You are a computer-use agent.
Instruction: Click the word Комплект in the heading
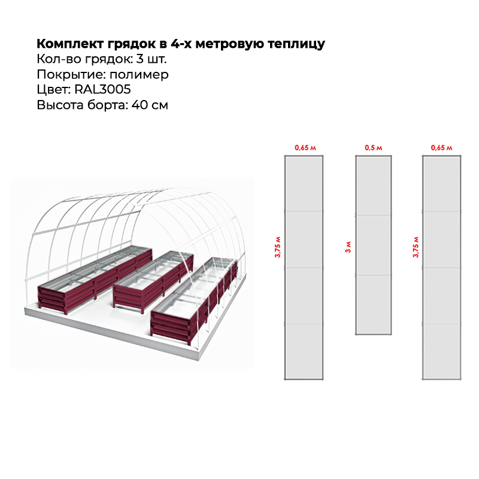(x=70, y=44)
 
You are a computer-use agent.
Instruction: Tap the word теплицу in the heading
(x=296, y=44)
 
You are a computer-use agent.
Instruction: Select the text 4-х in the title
(x=181, y=44)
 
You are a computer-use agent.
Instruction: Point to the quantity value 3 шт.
(x=151, y=59)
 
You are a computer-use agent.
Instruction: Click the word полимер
(x=139, y=75)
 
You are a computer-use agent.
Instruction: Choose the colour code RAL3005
(x=102, y=89)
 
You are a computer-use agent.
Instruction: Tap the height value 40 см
(x=150, y=105)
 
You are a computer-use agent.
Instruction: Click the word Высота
(x=60, y=105)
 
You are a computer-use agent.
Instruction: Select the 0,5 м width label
(x=373, y=148)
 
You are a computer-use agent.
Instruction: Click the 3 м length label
(x=348, y=247)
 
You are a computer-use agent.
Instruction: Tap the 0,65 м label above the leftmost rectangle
(x=305, y=148)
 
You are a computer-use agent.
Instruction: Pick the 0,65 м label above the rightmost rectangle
(x=441, y=148)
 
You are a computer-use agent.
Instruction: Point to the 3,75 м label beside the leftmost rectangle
(x=278, y=247)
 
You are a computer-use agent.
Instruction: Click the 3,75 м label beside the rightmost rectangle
(x=416, y=247)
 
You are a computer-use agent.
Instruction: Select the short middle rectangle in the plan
(x=373, y=245)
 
